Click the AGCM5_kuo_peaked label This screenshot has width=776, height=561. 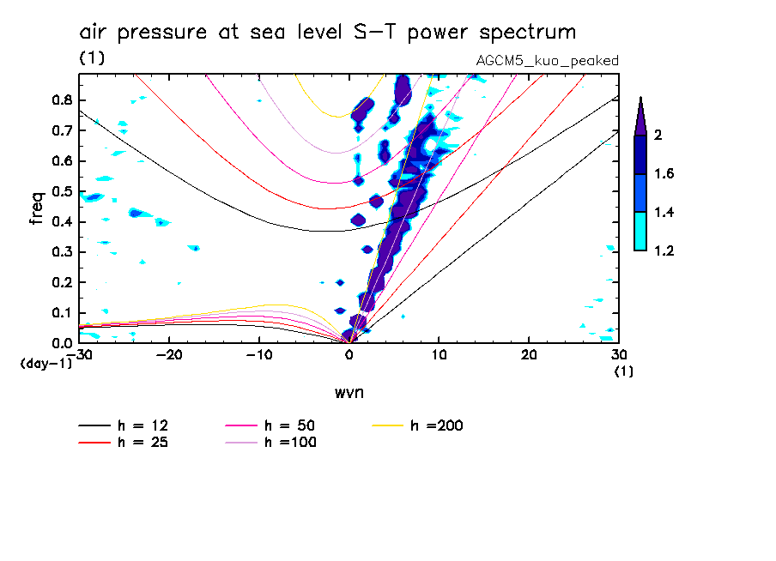point(547,61)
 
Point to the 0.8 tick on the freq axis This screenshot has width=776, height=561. point(61,100)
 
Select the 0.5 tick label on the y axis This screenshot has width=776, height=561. point(61,191)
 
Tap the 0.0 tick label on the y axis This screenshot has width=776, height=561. point(61,343)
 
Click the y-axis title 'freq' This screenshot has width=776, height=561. point(37,208)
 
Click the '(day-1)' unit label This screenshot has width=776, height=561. point(45,364)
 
